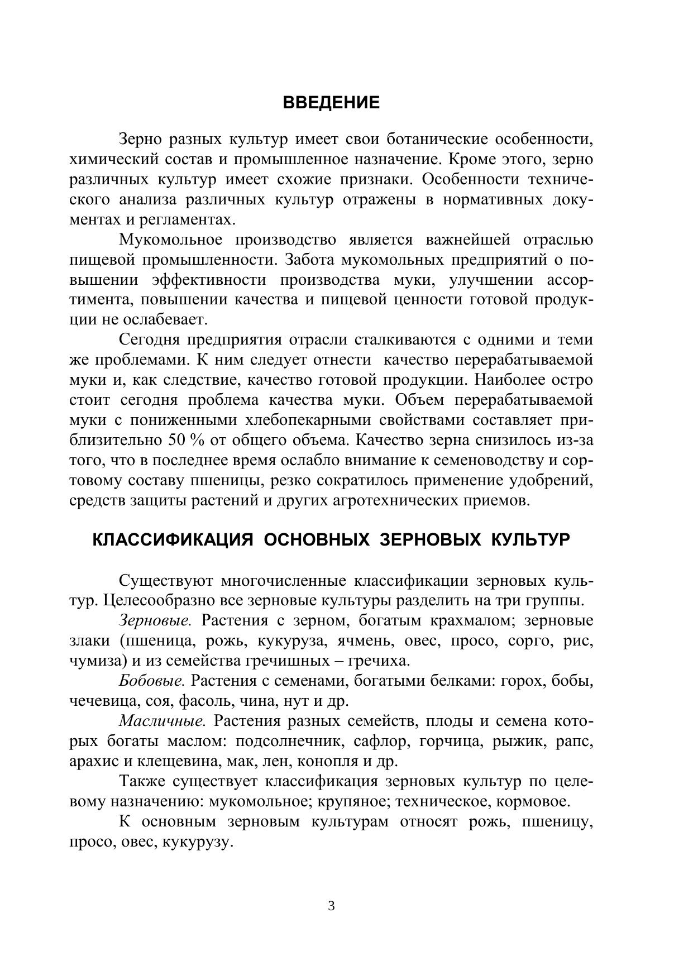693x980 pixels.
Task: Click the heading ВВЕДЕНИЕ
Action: (331, 103)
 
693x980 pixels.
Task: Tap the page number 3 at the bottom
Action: (331, 906)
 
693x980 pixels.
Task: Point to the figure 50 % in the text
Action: (187, 441)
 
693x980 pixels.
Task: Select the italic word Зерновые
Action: (155, 620)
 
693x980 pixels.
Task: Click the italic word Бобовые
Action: (152, 681)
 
